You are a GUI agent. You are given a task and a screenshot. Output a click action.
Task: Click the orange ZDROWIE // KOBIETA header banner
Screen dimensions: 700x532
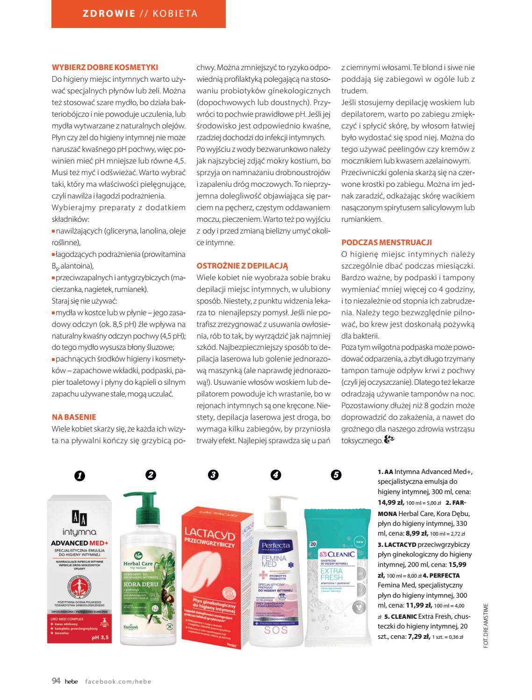[x=138, y=14]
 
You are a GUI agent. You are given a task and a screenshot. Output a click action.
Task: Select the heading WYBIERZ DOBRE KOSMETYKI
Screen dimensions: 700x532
[x=105, y=67]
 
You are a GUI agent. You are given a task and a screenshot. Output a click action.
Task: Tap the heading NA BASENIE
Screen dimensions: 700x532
[x=74, y=417]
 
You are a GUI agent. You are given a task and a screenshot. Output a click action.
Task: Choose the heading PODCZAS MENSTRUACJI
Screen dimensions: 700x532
[x=387, y=242]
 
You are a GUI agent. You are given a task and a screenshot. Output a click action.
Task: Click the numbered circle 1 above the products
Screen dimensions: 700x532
[x=79, y=476]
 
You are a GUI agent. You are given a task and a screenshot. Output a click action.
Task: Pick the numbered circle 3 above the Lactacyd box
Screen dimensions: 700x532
[x=213, y=475]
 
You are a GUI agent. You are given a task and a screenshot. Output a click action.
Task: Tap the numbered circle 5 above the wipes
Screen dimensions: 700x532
[x=336, y=475]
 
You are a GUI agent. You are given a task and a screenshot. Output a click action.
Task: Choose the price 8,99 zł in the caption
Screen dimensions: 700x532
[x=417, y=533]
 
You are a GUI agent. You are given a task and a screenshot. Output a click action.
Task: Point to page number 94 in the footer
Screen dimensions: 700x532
[x=56, y=681]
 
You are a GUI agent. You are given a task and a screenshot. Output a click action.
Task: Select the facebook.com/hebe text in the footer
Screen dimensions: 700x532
[x=118, y=681]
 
